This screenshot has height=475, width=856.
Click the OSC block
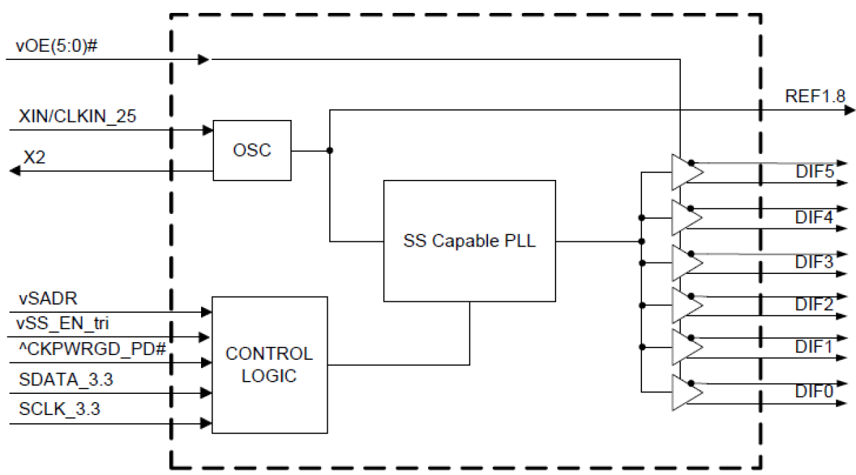(252, 151)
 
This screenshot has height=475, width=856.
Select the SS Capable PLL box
(469, 241)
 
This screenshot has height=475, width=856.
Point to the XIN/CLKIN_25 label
(78, 117)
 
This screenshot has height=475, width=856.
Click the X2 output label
(35, 157)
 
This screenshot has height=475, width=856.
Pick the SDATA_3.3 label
(66, 380)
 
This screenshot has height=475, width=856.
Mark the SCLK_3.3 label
(61, 410)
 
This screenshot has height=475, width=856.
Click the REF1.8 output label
(815, 97)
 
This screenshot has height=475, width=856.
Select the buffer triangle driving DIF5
(686, 172)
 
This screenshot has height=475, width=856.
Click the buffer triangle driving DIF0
(686, 393)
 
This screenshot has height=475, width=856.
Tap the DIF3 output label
(814, 262)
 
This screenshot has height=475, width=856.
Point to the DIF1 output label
(814, 347)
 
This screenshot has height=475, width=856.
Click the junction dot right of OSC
(330, 151)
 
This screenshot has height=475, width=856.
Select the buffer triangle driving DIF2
(686, 305)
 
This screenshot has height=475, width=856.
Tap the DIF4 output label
(814, 218)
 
